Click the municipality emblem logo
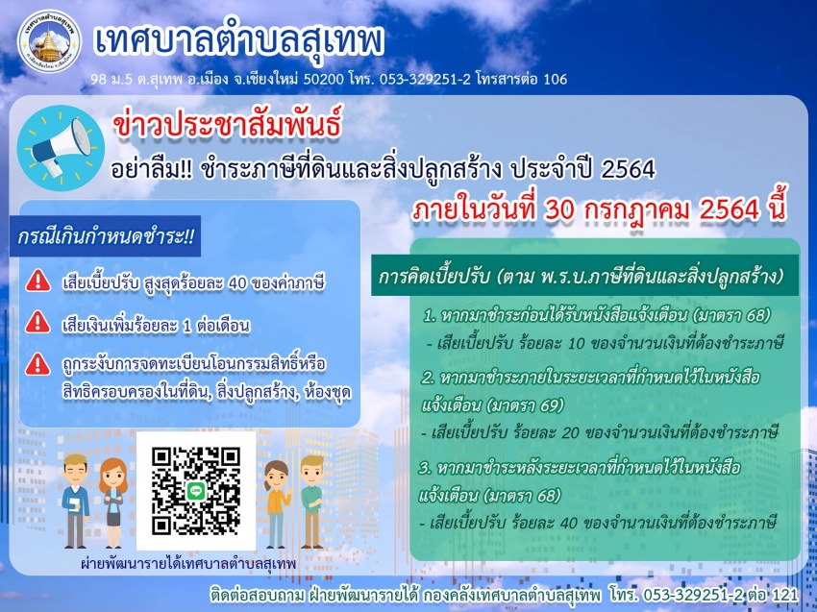point(49,40)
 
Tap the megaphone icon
point(61,148)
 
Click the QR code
point(196,491)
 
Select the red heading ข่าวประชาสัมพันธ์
point(227,127)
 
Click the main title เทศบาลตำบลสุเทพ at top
point(239,41)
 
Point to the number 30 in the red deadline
point(559,208)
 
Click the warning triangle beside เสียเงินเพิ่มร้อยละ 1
point(38,322)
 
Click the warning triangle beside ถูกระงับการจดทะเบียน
point(38,364)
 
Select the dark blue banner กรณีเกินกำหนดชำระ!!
point(106,236)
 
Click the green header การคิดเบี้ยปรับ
point(584,276)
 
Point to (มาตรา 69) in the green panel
point(524,404)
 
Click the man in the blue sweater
point(76,501)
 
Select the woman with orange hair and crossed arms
point(113,502)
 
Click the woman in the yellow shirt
point(277,503)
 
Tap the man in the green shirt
point(311,502)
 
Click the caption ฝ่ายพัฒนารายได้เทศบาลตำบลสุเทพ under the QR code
point(188,564)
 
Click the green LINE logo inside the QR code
point(196,491)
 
